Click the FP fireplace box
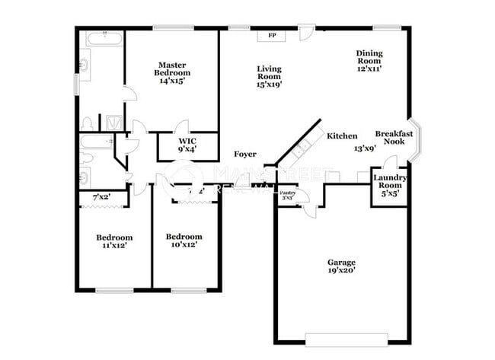(270, 35)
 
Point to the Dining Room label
(369, 57)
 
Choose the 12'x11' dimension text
(369, 68)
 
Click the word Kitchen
(342, 136)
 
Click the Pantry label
(287, 194)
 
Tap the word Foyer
(244, 155)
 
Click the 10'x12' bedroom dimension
(184, 246)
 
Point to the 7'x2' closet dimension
(101, 198)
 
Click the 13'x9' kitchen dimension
(364, 148)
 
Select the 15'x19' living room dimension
(269, 84)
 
